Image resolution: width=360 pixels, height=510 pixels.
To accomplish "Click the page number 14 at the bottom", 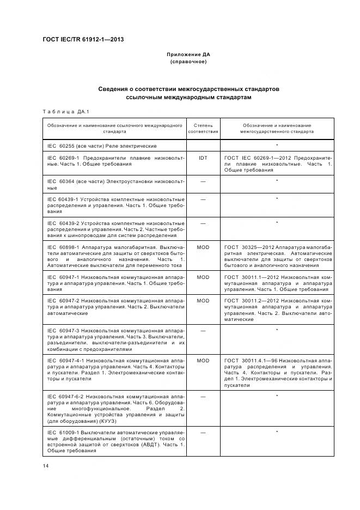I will (x=46, y=465).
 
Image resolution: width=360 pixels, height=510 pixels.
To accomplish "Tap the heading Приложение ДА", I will (x=188, y=55).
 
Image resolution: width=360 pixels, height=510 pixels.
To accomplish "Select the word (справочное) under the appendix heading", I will (x=188, y=62).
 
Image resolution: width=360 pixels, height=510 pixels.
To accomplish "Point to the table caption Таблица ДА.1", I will (x=66, y=112).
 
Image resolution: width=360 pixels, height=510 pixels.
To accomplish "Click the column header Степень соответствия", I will (x=203, y=128).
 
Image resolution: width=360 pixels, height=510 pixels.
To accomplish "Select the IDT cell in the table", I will (x=203, y=158).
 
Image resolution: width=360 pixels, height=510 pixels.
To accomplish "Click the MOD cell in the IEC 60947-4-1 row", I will (x=203, y=361).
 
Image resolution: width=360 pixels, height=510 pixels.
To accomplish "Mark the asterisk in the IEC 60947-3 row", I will (x=277, y=330).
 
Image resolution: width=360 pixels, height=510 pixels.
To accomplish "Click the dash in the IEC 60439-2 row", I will (x=203, y=223).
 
